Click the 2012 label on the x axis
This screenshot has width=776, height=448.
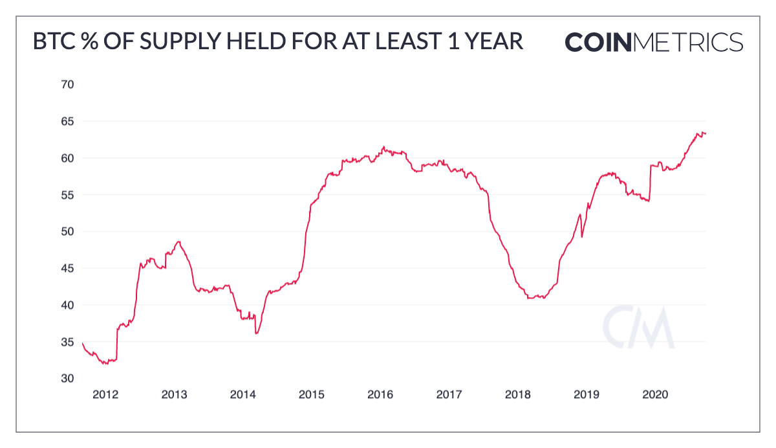(105, 394)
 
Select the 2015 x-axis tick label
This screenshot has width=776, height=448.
(311, 394)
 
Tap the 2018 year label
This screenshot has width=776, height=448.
(517, 394)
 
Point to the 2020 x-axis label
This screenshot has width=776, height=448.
(655, 394)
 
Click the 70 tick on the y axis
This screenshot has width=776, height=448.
(68, 84)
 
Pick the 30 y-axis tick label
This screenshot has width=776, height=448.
(68, 378)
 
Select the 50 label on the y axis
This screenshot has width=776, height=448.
(68, 231)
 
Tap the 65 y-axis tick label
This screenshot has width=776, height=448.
(68, 121)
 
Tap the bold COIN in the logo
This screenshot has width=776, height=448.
(598, 42)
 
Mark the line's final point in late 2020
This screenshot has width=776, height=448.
(706, 133)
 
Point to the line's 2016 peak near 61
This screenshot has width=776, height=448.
(383, 147)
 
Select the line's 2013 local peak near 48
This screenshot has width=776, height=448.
(178, 241)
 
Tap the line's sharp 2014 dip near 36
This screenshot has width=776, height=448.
(257, 333)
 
